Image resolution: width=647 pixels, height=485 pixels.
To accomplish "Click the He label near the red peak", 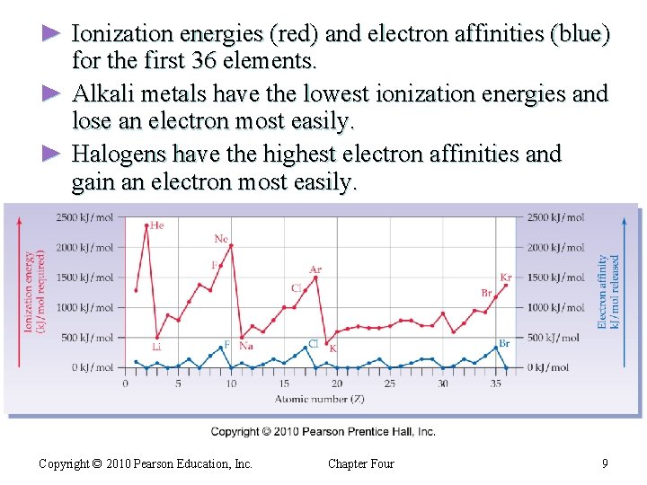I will pos(156,225).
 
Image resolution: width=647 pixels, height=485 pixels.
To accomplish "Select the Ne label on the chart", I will pos(221,238).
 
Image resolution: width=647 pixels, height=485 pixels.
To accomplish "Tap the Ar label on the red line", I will pos(315,269).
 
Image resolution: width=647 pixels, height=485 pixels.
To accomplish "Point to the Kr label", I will pos(506,278).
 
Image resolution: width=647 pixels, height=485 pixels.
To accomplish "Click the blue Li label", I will pos(156,347).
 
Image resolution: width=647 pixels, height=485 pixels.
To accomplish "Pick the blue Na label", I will pos(246,346).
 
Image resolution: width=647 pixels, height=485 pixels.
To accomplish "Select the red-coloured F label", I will pos(214,265).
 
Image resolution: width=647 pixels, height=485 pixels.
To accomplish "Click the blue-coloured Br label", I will pos(504,343).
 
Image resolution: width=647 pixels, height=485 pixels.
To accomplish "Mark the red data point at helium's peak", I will pos(146,225).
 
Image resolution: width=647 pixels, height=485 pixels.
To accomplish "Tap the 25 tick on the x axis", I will pos(389,384).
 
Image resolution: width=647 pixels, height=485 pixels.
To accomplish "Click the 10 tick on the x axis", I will pos(231,384).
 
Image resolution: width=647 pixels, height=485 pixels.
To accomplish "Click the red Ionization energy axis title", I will pos(34,292).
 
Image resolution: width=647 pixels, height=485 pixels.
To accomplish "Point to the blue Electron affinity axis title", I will pos(608,292).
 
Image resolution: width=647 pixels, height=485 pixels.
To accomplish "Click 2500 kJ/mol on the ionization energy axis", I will pos(85,217).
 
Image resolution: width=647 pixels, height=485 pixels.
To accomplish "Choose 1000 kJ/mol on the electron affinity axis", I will pos(557,307).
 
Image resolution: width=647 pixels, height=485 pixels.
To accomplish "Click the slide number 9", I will pos(606,463).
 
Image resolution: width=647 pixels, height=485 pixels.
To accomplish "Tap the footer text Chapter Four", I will pos(360,463).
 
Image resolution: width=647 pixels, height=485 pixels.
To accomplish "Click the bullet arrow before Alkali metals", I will pos(51,93).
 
